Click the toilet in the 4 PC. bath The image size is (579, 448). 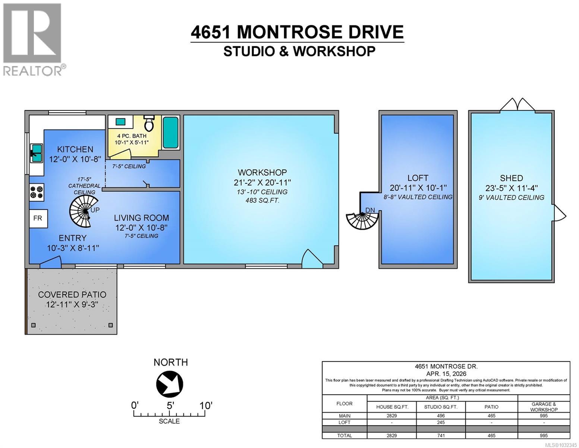click(149, 123)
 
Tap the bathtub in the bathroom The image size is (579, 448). click(171, 133)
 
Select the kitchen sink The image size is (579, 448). click(36, 153)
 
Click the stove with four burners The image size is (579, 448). click(37, 192)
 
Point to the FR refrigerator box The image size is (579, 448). click(38, 218)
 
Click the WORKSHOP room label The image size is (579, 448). click(262, 172)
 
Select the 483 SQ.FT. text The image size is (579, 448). click(262, 200)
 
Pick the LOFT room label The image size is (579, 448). click(418, 178)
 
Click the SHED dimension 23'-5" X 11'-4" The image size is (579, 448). click(512, 188)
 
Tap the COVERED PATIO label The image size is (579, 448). click(72, 295)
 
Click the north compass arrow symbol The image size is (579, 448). click(170, 384)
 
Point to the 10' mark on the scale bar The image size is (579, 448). click(205, 405)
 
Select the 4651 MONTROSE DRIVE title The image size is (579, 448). click(297, 32)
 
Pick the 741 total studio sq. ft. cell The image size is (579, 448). click(441, 435)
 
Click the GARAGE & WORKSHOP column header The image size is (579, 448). click(544, 407)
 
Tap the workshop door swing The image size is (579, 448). click(311, 259)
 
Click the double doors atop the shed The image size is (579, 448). click(517, 105)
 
